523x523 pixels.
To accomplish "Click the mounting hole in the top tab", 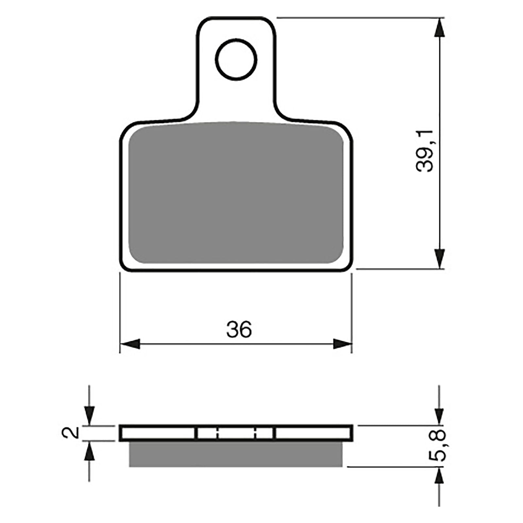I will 236,59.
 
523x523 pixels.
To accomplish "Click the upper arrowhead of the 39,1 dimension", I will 440,28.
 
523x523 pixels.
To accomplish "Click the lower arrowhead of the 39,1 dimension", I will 440,258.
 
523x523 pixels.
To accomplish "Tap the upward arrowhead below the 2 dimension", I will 89,451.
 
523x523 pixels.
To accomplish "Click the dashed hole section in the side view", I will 235,433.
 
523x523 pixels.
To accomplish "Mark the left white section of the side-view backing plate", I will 159,433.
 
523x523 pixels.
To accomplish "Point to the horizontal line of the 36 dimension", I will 235,344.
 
